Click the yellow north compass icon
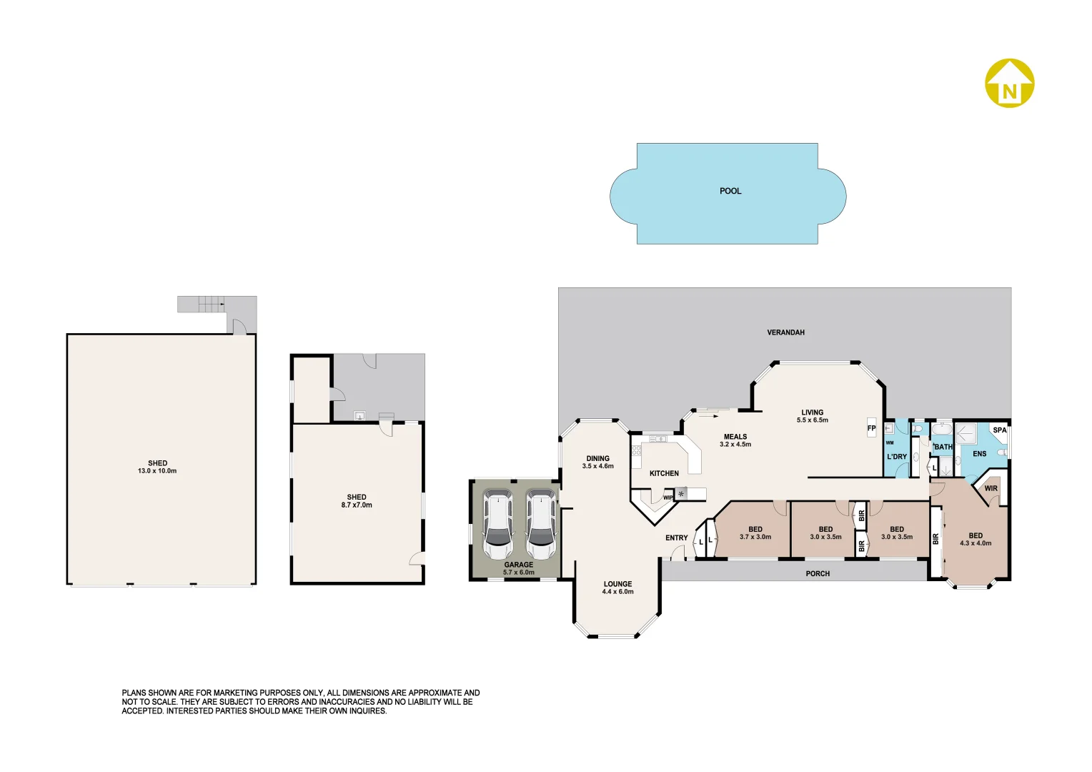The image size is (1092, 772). pyautogui.click(x=1009, y=84)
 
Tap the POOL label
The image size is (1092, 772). pyautogui.click(x=730, y=192)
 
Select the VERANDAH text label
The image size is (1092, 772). pyautogui.click(x=785, y=332)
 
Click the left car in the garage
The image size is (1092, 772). pyautogui.click(x=497, y=525)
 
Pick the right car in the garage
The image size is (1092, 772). pyautogui.click(x=540, y=525)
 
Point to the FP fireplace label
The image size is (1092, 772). pyautogui.click(x=871, y=429)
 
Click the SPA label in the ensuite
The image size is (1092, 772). pyautogui.click(x=999, y=430)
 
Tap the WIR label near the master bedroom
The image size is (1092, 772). pyautogui.click(x=991, y=489)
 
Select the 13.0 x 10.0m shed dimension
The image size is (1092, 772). pyautogui.click(x=157, y=471)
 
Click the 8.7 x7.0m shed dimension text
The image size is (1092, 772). pyautogui.click(x=357, y=505)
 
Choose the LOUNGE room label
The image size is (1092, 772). pyautogui.click(x=617, y=584)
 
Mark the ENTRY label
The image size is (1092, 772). pyautogui.click(x=676, y=538)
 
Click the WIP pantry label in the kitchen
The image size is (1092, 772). pyautogui.click(x=667, y=498)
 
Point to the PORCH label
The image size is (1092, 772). pyautogui.click(x=818, y=574)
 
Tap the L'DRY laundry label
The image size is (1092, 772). pyautogui.click(x=896, y=457)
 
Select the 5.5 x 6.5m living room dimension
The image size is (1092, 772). pyautogui.click(x=813, y=420)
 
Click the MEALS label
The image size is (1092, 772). pyautogui.click(x=735, y=437)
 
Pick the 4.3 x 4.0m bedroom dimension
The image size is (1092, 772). pyautogui.click(x=976, y=543)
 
